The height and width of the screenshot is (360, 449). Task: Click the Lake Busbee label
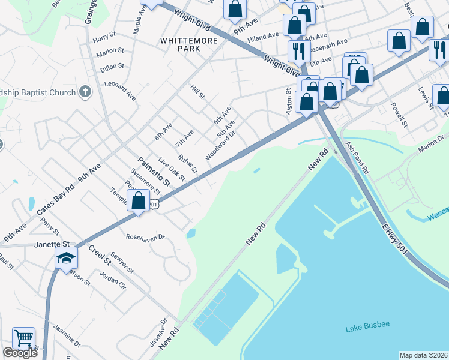(367, 325)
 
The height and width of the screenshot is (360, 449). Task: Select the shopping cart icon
(23, 338)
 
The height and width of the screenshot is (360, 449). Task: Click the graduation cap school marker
(66, 258)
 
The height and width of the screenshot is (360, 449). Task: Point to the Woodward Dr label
(220, 146)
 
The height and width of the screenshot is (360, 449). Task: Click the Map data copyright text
(423, 355)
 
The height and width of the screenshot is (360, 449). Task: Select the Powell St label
(399, 114)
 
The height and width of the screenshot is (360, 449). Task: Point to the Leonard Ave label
(120, 90)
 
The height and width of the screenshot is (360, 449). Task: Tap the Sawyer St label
(121, 262)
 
